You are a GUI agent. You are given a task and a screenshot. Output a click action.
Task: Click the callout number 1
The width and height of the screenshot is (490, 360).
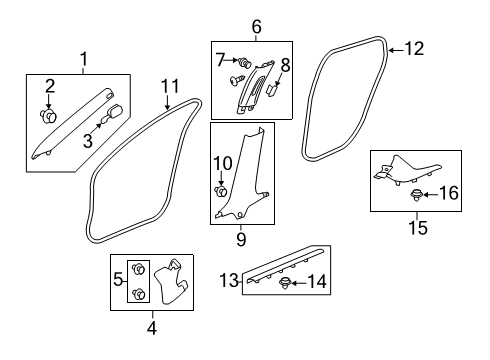coord(84,59)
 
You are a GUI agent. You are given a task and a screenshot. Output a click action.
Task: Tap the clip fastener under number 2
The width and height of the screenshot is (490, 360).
coord(49,116)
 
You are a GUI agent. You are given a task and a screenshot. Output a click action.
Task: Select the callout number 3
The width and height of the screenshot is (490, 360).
coord(88,141)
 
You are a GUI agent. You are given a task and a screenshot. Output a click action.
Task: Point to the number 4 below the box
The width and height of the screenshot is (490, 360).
coord(152,328)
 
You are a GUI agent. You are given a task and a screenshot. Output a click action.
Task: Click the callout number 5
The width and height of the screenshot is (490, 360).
coord(118,279)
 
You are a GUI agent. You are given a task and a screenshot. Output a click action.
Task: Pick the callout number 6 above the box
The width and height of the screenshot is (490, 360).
coord(256,27)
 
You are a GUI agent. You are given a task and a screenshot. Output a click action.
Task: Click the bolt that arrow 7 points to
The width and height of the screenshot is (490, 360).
coord(244,62)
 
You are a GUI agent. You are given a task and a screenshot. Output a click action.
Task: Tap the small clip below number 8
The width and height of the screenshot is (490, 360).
coord(273,90)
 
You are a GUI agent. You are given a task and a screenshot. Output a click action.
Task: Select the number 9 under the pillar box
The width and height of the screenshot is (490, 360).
coord(241,239)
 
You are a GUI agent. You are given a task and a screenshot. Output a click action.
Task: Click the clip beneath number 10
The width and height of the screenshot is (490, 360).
coord(220,191)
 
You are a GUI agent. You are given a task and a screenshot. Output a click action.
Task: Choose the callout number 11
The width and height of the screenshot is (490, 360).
coord(170,86)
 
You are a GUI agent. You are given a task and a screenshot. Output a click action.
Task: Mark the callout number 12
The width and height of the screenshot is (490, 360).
coord(414,49)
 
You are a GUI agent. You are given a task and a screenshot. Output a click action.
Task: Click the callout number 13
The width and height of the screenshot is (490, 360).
coord(229,280)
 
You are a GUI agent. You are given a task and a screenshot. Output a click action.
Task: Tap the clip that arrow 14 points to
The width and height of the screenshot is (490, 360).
coord(284,283)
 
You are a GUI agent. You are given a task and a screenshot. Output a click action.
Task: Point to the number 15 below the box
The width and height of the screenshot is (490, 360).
coord(418,228)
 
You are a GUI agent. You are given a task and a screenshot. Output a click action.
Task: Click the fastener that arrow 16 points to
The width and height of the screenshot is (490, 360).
coord(415,195)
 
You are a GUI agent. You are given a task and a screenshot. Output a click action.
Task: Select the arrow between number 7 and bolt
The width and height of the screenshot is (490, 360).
coord(230,60)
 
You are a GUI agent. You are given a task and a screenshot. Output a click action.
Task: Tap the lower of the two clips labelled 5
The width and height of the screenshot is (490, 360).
coord(139,294)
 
